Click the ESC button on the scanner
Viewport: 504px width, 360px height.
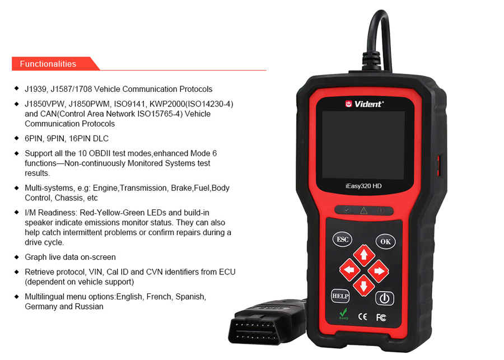point(342,239)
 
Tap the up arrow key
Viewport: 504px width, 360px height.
point(364,255)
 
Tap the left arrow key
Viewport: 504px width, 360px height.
point(349,270)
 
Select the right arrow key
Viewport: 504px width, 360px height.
point(379,271)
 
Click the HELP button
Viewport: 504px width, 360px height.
point(340,296)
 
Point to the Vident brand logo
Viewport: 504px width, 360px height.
point(365,104)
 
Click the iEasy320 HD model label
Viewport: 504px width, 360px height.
point(363,186)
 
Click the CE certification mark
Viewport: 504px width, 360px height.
point(362,316)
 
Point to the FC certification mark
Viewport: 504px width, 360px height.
point(381,317)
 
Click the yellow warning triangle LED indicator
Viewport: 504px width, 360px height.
point(364,211)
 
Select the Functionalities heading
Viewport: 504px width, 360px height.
point(48,64)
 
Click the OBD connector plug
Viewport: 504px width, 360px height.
point(267,322)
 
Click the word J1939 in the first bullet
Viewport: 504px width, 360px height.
point(36,89)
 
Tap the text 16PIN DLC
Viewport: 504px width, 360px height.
point(88,138)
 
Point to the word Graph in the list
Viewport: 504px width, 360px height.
point(35,257)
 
